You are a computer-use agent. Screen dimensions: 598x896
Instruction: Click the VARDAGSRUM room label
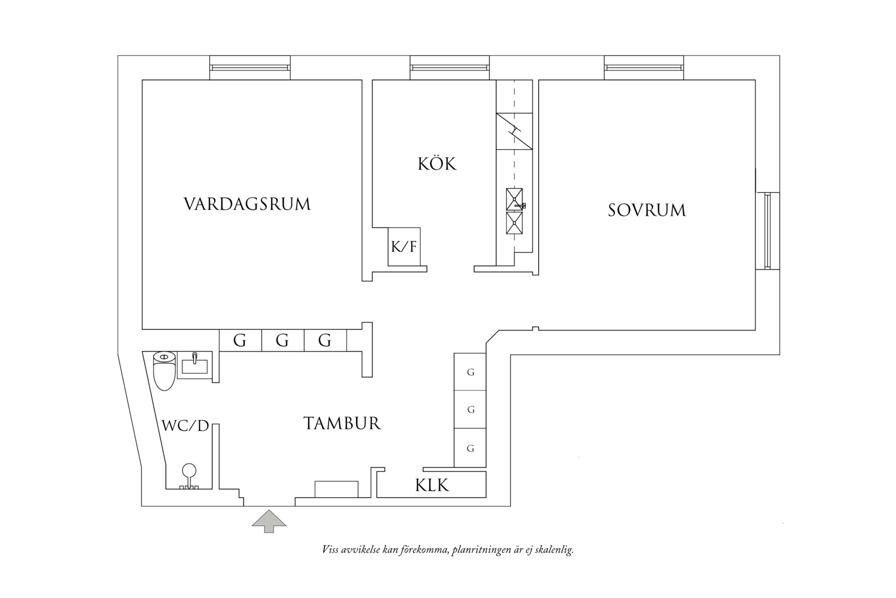(x=247, y=204)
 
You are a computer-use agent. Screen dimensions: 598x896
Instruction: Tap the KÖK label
(x=437, y=164)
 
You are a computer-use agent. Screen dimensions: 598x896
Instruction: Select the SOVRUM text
(x=646, y=210)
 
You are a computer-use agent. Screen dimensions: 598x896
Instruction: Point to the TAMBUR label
(x=342, y=423)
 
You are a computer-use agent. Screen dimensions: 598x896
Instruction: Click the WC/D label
(x=185, y=426)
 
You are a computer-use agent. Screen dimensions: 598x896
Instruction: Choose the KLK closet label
(x=432, y=485)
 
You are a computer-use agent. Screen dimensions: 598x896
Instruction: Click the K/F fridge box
(x=404, y=246)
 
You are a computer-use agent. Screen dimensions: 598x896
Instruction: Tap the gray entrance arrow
(x=269, y=520)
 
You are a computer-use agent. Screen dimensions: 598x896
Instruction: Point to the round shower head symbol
(x=189, y=471)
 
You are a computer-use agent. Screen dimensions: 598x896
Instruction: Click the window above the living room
(x=250, y=68)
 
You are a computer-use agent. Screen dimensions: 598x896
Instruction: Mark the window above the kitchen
(x=450, y=68)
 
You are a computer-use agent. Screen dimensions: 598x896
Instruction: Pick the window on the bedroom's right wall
(x=767, y=231)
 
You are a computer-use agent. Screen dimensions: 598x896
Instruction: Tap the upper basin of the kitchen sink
(x=514, y=199)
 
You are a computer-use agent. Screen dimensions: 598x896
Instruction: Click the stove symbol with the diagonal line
(x=514, y=131)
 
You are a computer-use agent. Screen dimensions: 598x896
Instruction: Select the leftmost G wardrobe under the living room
(x=240, y=341)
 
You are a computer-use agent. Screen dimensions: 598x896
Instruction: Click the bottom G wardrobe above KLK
(x=470, y=448)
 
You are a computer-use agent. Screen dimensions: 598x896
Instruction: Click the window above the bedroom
(x=644, y=68)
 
